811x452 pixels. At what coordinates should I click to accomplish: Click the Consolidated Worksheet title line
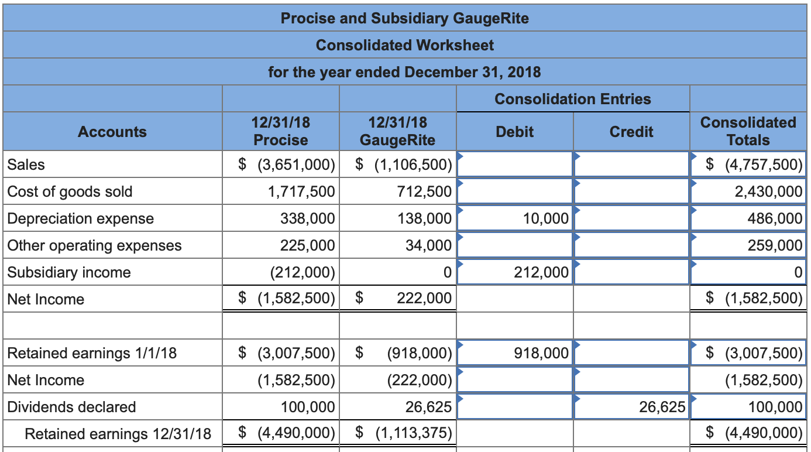[405, 45]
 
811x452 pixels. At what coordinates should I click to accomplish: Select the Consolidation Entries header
[572, 99]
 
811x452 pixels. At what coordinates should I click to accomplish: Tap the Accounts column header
[112, 132]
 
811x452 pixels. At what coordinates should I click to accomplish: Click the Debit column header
[514, 132]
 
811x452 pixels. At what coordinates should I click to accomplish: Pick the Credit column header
[631, 132]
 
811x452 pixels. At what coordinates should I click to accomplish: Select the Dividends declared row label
[71, 407]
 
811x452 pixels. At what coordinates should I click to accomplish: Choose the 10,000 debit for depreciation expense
[545, 218]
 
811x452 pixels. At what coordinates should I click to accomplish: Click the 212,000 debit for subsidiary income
[541, 272]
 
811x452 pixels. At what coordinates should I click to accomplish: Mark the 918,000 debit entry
[541, 353]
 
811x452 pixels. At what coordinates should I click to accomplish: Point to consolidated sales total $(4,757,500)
[754, 165]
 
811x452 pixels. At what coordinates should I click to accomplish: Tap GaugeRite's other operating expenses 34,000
[428, 245]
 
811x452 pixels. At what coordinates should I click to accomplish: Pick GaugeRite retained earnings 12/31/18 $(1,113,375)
[404, 434]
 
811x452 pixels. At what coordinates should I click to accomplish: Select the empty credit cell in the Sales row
[631, 165]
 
